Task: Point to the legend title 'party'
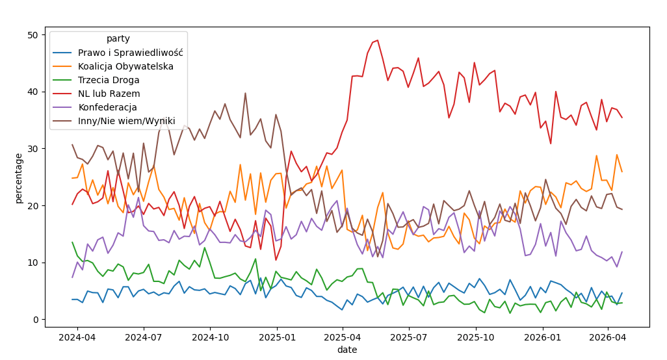click(x=118, y=38)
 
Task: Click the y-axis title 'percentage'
click(x=19, y=178)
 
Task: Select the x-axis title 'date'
click(x=347, y=350)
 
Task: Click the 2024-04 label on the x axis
click(x=77, y=337)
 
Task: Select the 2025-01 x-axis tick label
click(x=278, y=337)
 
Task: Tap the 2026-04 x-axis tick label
click(x=608, y=337)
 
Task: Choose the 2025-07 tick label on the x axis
click(x=410, y=337)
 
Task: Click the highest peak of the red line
click(x=378, y=40)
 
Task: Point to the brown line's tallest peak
click(x=245, y=93)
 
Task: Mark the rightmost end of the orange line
click(x=622, y=172)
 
